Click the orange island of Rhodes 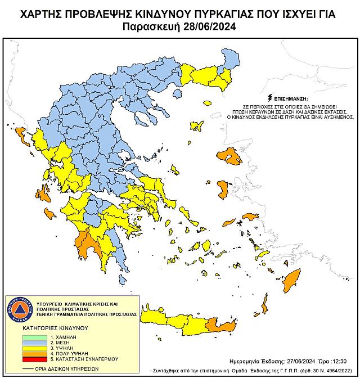pos(292,279)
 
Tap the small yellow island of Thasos pos(208,103)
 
